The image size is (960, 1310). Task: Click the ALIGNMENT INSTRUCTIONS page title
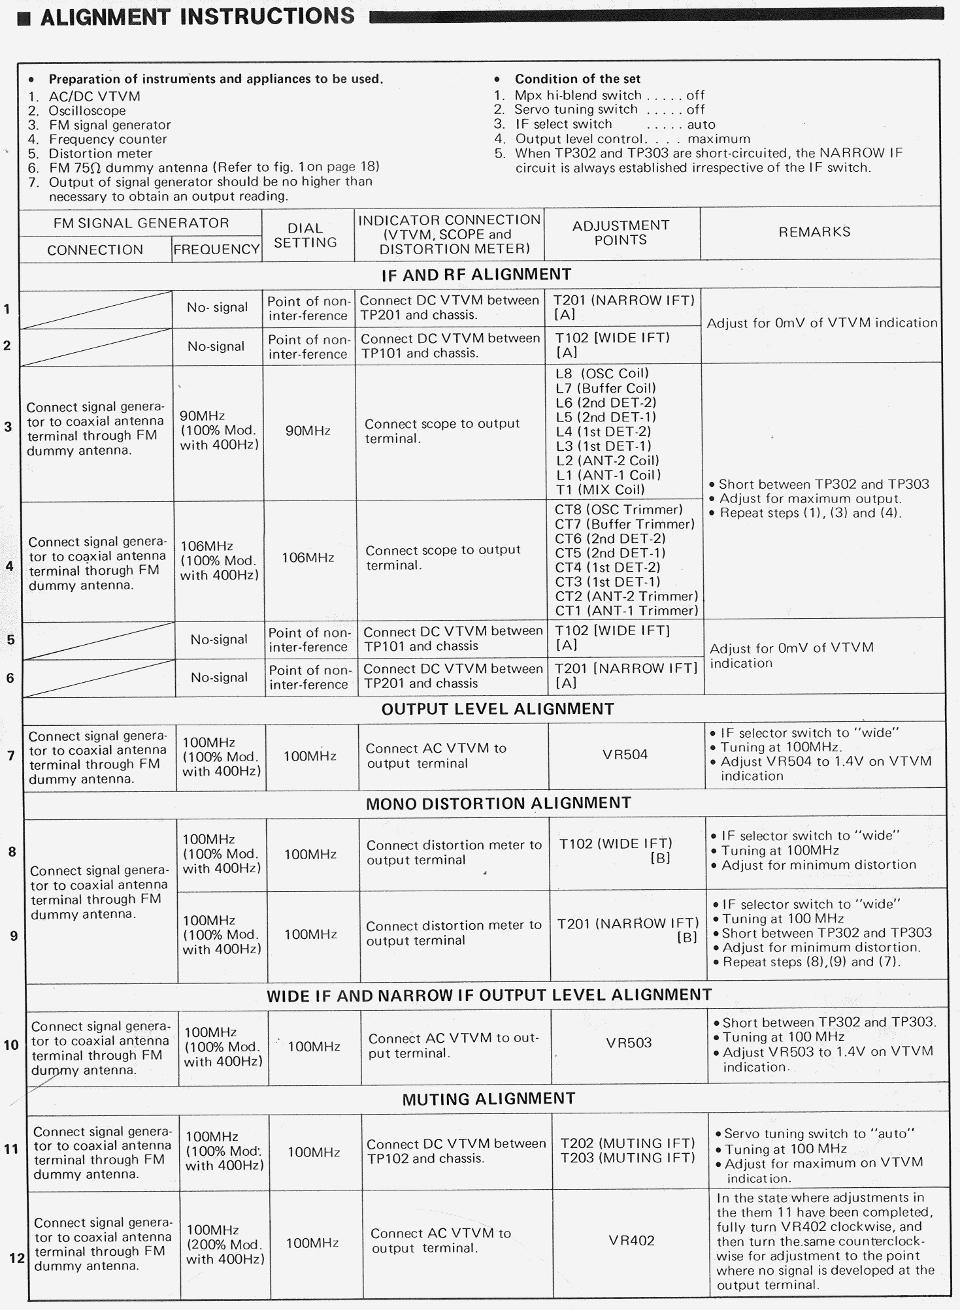(x=197, y=16)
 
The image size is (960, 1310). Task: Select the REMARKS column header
(x=814, y=232)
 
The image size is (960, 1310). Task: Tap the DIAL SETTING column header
(x=305, y=235)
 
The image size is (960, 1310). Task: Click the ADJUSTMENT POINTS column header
(x=620, y=233)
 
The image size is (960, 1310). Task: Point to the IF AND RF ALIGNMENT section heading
(x=476, y=275)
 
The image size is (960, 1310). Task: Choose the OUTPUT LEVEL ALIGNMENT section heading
(x=497, y=710)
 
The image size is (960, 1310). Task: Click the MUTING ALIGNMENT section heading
(x=488, y=1099)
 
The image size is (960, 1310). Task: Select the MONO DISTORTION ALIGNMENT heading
(x=498, y=804)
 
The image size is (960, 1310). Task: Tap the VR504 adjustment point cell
(x=625, y=755)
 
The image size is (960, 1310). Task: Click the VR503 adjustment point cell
(x=629, y=1043)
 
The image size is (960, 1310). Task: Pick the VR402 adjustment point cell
(x=631, y=1240)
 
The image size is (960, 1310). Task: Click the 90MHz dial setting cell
(x=308, y=431)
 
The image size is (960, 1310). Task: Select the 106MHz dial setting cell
(x=308, y=558)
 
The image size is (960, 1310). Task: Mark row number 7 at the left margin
(x=10, y=756)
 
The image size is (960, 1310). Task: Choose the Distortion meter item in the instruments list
(x=100, y=154)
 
